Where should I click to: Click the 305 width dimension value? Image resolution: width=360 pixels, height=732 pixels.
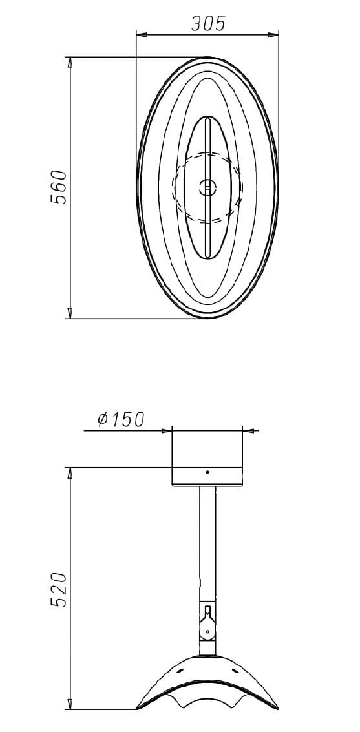coord(208,23)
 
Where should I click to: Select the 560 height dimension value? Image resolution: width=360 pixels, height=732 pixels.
coord(59,187)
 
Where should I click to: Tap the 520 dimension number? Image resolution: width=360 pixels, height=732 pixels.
coord(59,589)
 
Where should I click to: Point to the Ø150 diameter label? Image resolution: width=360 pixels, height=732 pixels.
coord(121,419)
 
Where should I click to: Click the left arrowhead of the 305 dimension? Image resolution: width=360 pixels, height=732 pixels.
coord(142,34)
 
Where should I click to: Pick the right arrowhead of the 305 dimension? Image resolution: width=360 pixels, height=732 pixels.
coord(273,34)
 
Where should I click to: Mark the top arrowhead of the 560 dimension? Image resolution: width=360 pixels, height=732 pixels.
coord(70,63)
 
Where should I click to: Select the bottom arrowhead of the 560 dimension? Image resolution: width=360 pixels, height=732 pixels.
coord(70,313)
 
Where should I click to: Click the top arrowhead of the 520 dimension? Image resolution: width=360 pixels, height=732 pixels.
coord(70,473)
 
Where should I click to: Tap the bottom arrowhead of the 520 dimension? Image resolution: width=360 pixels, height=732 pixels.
coord(70,704)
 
